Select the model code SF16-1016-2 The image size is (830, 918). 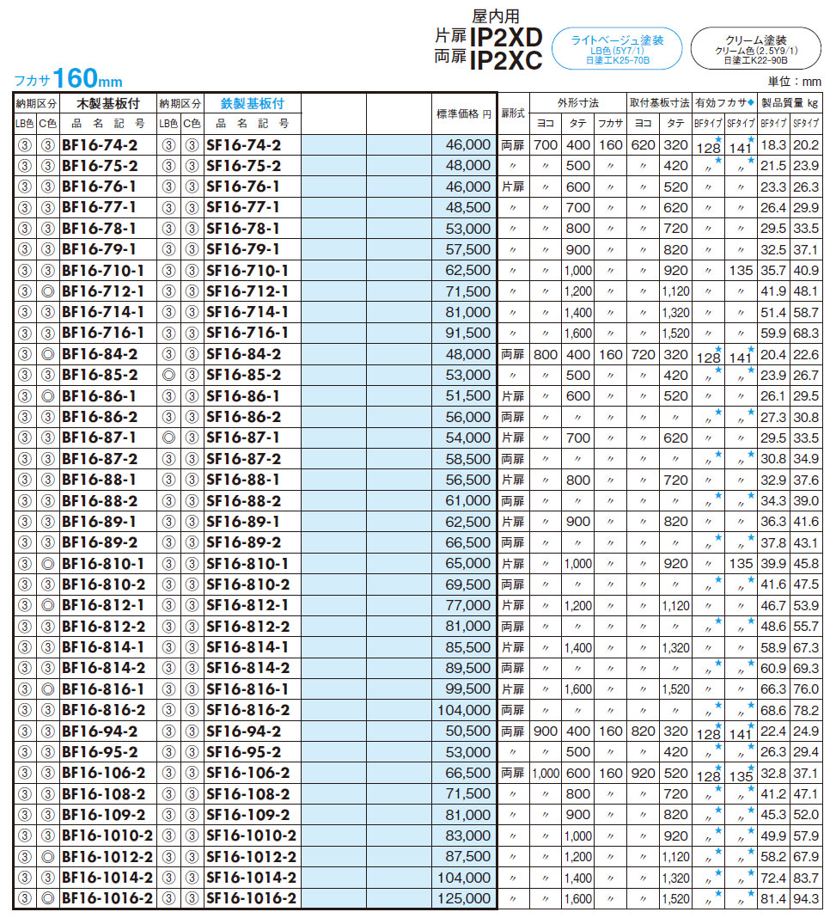251,898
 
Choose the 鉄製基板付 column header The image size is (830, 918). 252,103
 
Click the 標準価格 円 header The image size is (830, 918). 465,113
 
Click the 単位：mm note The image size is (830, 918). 795,82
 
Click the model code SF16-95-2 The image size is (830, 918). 243,752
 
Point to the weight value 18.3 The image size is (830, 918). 773,144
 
